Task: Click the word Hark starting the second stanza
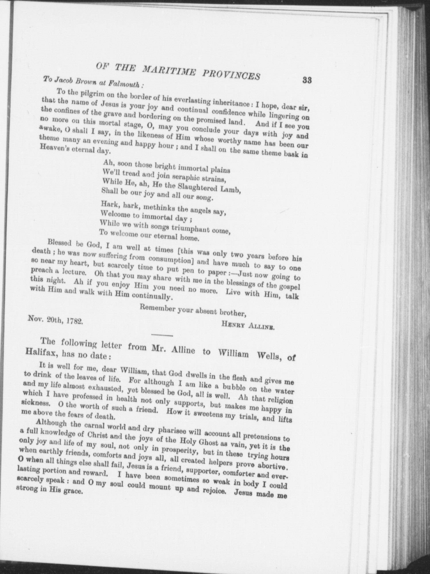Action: [110, 204]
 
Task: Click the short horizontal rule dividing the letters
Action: [162, 335]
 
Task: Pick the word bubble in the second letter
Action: [234, 388]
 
